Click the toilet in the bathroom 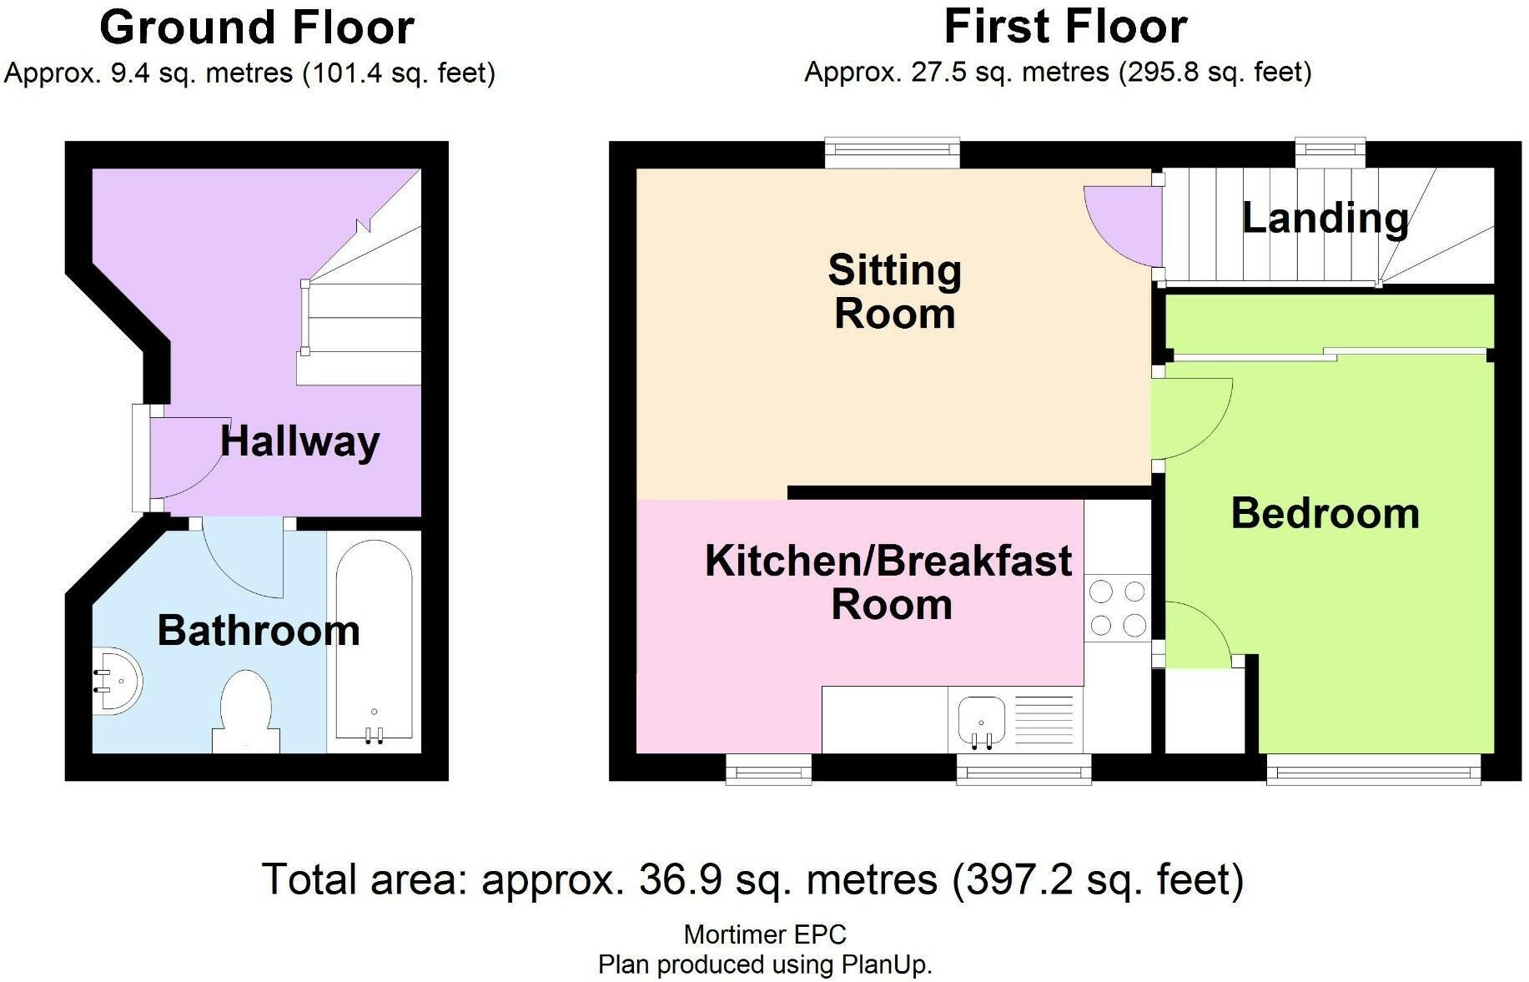tap(246, 712)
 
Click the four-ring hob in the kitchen tap(1118, 607)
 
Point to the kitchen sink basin tap(982, 721)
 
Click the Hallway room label tap(299, 441)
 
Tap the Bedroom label tap(1325, 513)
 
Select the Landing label tap(1325, 219)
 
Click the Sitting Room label tap(895, 292)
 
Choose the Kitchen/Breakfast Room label tap(889, 582)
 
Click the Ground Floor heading tap(257, 28)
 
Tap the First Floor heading tap(1065, 27)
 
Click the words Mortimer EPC tap(765, 934)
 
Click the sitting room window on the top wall tap(893, 150)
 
